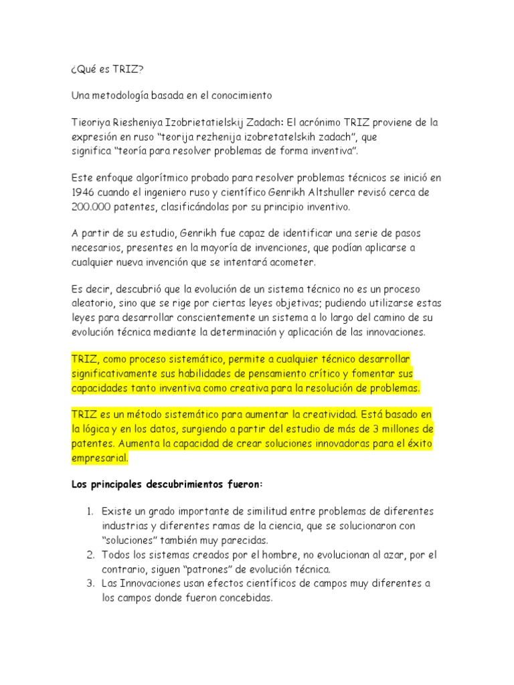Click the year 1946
[x=84, y=193]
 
